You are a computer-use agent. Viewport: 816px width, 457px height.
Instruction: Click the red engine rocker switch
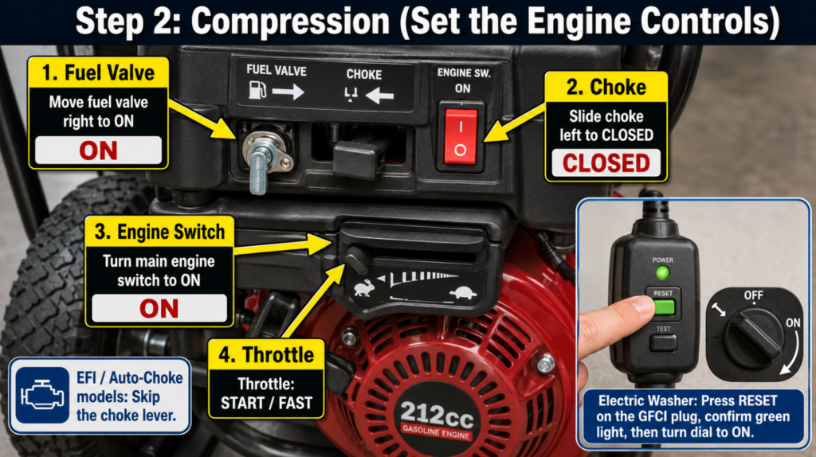pyautogui.click(x=460, y=137)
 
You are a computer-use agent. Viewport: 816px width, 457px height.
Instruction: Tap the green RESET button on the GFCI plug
pyautogui.click(x=664, y=307)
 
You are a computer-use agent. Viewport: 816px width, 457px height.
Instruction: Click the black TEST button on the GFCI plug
pyautogui.click(x=664, y=342)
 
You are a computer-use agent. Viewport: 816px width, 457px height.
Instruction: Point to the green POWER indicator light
pyautogui.click(x=662, y=272)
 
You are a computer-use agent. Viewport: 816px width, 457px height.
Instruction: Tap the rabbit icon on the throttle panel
pyautogui.click(x=363, y=287)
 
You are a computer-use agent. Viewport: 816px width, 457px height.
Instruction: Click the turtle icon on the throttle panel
pyautogui.click(x=463, y=294)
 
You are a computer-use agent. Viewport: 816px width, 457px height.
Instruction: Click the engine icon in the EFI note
pyautogui.click(x=41, y=395)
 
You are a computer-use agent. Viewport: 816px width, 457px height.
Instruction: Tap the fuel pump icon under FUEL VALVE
pyautogui.click(x=257, y=91)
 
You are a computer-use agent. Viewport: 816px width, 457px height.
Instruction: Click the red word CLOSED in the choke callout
pyautogui.click(x=606, y=163)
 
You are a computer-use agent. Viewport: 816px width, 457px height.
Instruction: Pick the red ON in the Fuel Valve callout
pyautogui.click(x=98, y=150)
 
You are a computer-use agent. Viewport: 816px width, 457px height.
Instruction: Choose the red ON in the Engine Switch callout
pyautogui.click(x=159, y=309)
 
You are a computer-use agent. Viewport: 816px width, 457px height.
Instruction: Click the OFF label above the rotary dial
pyautogui.click(x=753, y=296)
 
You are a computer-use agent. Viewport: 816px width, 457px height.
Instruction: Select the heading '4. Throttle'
pyautogui.click(x=266, y=354)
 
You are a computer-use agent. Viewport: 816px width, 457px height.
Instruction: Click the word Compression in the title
pyautogui.click(x=290, y=21)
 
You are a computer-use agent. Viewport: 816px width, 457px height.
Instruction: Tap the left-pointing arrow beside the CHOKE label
pyautogui.click(x=379, y=96)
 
